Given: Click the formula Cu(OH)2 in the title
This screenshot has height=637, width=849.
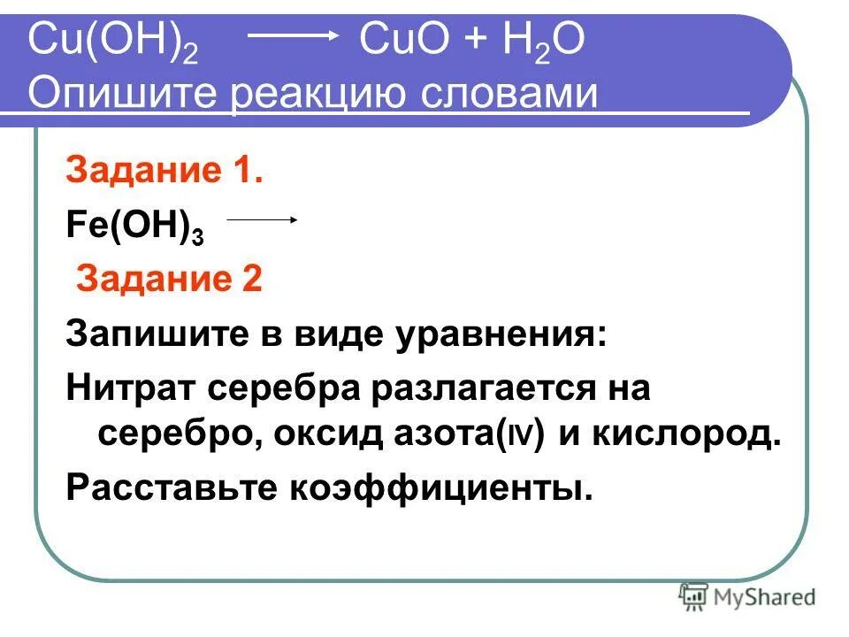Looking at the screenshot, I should click(112, 42).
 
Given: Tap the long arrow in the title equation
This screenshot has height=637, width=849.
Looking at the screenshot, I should click(292, 35).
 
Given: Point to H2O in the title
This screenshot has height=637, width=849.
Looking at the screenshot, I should click(543, 42).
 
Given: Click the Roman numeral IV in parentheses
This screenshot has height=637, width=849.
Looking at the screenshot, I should click(517, 437).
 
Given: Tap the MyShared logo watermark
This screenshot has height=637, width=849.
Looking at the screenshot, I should click(747, 597).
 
